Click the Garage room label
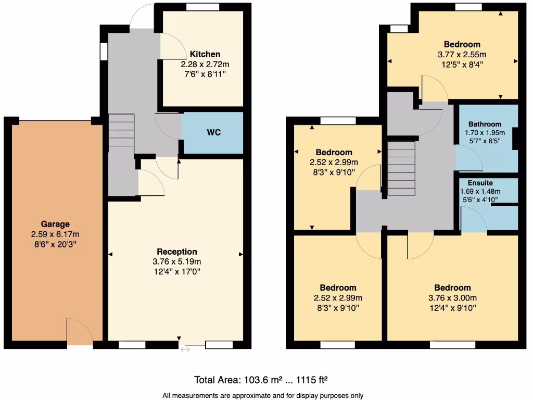pos(55,224)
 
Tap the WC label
pos(214,132)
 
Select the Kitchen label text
pos(205,54)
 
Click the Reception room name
pos(177,252)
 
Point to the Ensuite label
pos(480,183)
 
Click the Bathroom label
pos(485,124)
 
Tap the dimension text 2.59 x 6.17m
pos(55,234)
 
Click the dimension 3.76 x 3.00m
pos(452,297)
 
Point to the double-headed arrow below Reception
pos(185,349)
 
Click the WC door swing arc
pos(168,127)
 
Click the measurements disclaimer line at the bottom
pos(263,395)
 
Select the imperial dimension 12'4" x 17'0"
pos(177,271)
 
